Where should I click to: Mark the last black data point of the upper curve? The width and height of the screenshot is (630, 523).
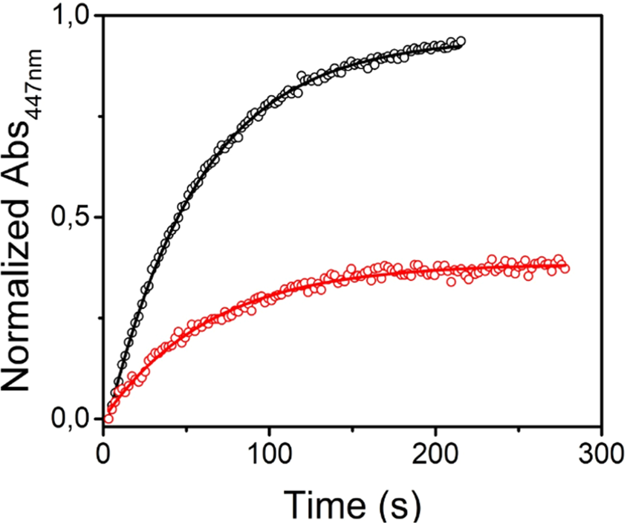[x=461, y=42]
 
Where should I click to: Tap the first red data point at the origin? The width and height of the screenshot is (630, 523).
[x=108, y=418]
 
